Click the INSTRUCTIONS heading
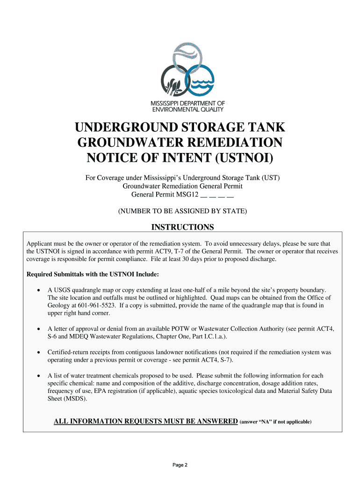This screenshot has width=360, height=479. [x=182, y=227]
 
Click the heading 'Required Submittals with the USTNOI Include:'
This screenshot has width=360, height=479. [x=93, y=274]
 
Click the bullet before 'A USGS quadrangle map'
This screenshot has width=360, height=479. [x=38, y=290]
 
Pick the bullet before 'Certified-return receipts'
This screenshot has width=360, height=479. [x=38, y=352]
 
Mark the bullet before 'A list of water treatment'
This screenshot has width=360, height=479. [x=38, y=376]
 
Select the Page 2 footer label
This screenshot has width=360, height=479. [x=180, y=464]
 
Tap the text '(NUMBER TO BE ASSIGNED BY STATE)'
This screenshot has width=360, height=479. [x=182, y=211]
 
